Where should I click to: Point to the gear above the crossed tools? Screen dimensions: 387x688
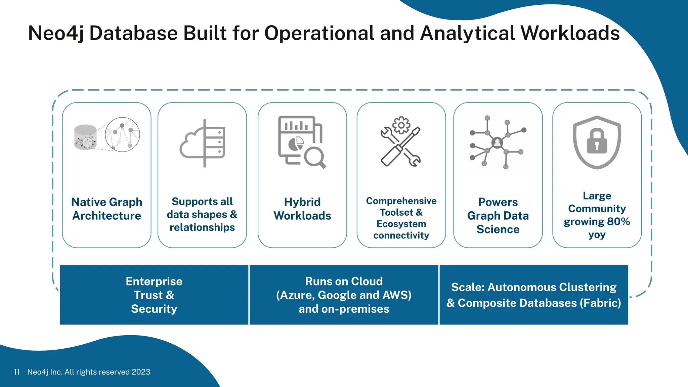[401, 125]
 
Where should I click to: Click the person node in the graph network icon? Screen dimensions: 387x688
[497, 142]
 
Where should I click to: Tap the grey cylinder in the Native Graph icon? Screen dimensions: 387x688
[85, 137]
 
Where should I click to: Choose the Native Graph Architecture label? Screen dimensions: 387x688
[107, 209]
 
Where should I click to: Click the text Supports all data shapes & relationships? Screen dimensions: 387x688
[202, 214]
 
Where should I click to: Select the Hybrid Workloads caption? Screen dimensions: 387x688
[302, 209]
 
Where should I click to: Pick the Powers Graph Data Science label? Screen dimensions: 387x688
[498, 215]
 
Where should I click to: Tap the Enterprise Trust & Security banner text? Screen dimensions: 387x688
[154, 295]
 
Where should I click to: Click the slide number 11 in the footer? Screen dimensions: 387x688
[17, 372]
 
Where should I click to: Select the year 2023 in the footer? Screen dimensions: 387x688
[141, 372]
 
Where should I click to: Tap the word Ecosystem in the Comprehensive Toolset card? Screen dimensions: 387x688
[401, 224]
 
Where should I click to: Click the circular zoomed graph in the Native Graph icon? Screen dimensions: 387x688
[123, 134]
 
